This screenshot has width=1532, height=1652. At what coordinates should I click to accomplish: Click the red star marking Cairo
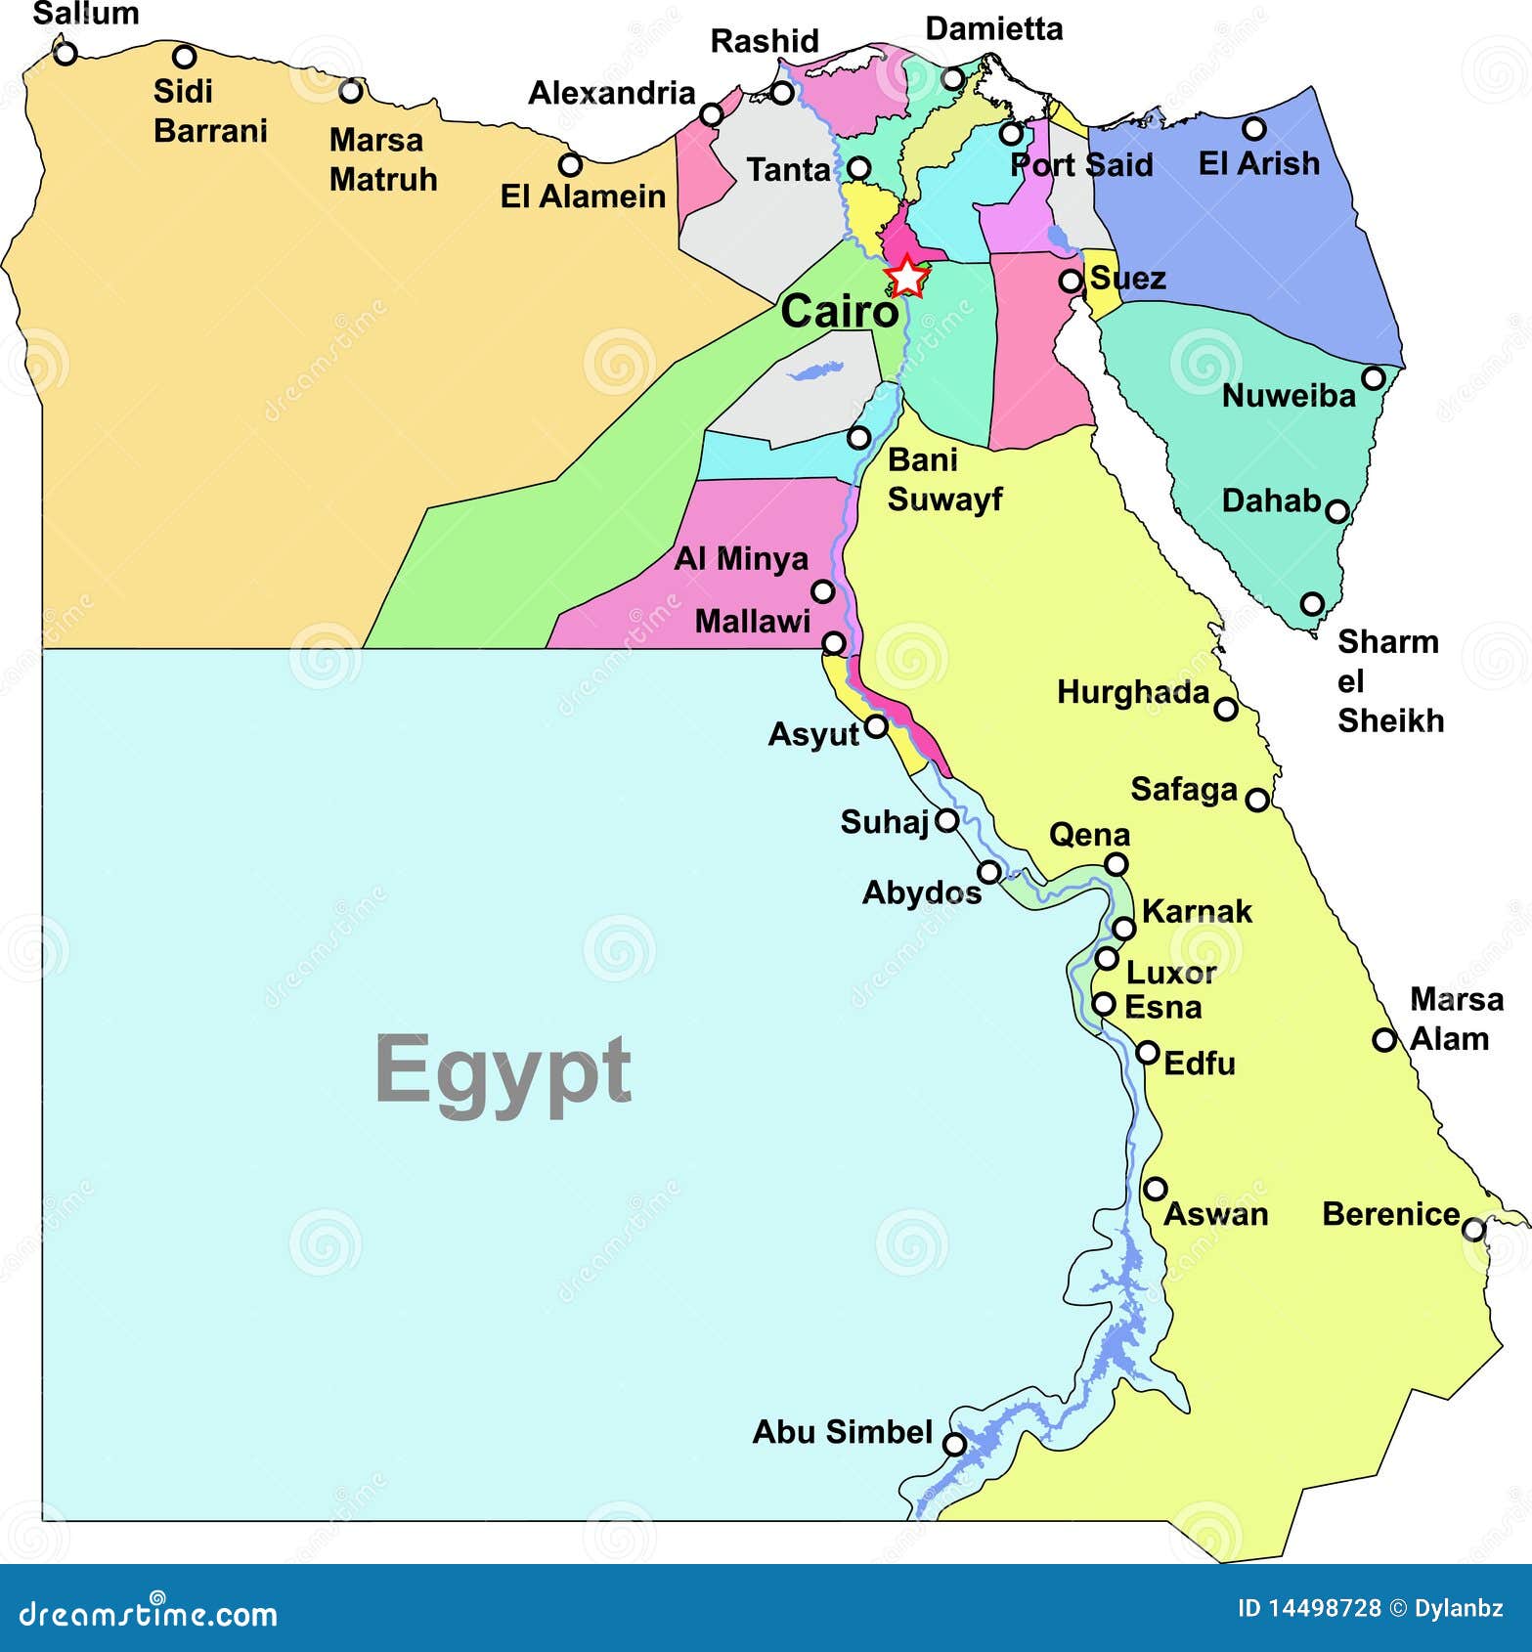point(907,277)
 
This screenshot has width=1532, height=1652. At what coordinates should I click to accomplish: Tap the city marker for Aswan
point(1156,1189)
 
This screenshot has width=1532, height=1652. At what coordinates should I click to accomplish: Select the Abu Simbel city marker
point(954,1444)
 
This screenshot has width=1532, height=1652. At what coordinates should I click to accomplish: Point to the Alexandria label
point(611,93)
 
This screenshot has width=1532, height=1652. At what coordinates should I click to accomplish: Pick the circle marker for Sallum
point(65,53)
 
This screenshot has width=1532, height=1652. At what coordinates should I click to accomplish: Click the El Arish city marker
point(1253,128)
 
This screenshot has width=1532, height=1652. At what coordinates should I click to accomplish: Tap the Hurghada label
point(1133,693)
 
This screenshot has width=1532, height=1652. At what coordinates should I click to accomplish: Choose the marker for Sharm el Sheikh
point(1312,603)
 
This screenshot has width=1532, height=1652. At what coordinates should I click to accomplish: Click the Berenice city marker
point(1473,1229)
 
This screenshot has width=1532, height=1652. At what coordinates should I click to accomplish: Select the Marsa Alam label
point(1451,1019)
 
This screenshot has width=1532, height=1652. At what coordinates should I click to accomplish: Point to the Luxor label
point(1170,973)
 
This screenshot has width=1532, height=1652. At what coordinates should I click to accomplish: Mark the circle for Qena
point(1116,864)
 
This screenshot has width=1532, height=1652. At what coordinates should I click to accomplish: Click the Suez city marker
point(1071,281)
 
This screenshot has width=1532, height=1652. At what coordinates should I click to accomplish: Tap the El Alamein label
point(583,196)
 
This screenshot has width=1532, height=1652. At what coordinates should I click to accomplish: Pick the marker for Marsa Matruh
point(350,92)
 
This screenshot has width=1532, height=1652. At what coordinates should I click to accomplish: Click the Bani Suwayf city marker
point(858,437)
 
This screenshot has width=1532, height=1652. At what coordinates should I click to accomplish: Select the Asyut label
point(812,734)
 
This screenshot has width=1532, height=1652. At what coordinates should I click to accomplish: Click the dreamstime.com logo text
point(149,1614)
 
